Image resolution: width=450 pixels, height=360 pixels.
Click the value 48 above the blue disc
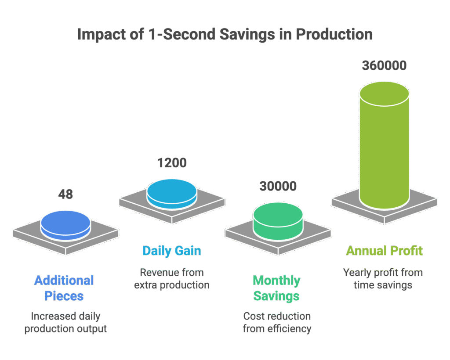point(65,194)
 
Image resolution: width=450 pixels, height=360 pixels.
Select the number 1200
point(172,163)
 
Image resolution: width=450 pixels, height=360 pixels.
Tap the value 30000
point(278,186)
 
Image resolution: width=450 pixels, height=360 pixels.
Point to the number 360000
point(384,65)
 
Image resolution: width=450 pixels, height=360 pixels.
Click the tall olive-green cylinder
point(384,145)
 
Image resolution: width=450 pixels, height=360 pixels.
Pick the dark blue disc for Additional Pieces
point(65,225)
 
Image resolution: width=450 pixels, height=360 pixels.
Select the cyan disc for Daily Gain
point(172,194)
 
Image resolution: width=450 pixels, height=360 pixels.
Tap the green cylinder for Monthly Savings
point(278,221)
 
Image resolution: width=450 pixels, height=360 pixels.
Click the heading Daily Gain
point(172,251)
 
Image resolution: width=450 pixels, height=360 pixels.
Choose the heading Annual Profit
point(384,251)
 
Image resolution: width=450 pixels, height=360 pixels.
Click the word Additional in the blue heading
point(64,281)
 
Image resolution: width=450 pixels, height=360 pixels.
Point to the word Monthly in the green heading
point(277,281)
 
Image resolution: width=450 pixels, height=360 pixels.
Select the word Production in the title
point(334,34)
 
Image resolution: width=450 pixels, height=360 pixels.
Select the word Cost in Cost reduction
point(252,316)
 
